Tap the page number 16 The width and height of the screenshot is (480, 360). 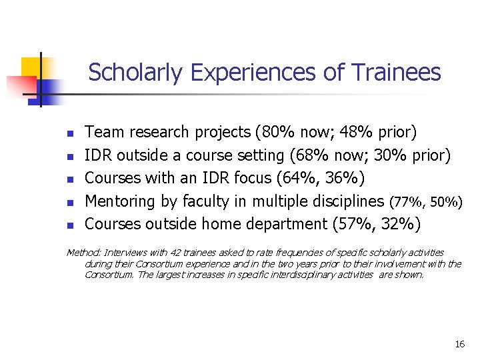459,344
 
